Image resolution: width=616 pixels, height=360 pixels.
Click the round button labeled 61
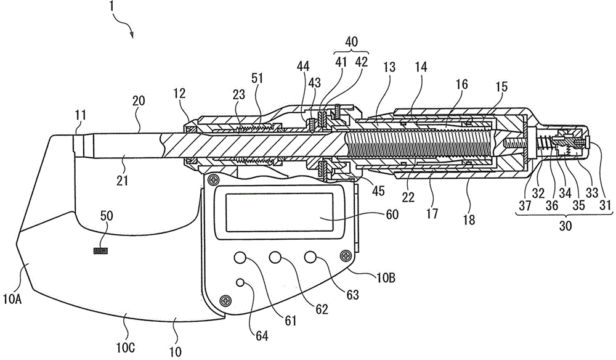240,258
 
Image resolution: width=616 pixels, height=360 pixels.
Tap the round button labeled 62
275,258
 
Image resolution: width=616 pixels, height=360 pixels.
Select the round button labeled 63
310,258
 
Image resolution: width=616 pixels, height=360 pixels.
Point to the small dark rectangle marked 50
100,251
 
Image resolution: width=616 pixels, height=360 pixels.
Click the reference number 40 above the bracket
352,42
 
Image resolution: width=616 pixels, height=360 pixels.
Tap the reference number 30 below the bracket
565,226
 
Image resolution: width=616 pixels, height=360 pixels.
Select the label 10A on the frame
12,300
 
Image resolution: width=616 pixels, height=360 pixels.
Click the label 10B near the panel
386,278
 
